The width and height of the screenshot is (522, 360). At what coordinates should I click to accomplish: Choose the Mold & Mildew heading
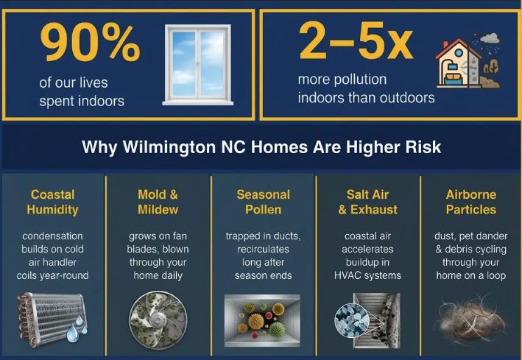[x=158, y=202]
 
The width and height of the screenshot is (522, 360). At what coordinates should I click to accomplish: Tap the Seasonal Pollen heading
[x=264, y=202]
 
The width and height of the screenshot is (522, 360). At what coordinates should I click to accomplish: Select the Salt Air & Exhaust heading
[x=367, y=202]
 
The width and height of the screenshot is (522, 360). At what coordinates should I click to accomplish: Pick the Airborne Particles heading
[x=471, y=202]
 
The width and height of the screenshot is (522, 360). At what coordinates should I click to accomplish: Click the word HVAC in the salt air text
[x=348, y=275]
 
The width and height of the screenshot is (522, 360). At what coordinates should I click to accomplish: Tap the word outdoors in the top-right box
[x=406, y=97]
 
